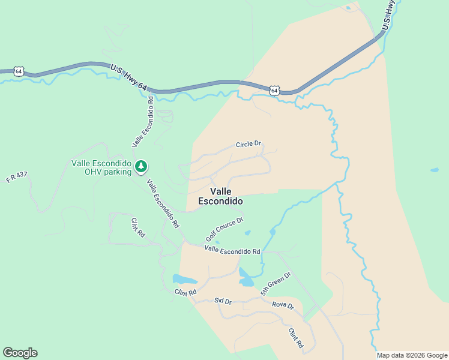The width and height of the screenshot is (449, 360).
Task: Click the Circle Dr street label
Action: (249, 144)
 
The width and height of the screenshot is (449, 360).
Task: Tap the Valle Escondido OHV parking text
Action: (100, 167)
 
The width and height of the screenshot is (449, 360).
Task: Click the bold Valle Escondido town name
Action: (220, 196)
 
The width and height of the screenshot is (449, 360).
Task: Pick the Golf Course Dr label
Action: (224, 229)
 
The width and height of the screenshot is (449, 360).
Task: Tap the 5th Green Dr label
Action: (276, 284)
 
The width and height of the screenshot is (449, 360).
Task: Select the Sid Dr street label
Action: (223, 301)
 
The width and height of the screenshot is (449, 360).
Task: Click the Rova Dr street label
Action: (283, 305)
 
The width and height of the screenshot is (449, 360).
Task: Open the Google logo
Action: (20, 353)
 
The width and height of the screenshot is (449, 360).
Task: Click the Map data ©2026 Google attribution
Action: (412, 355)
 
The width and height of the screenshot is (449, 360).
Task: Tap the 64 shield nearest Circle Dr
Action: (274, 90)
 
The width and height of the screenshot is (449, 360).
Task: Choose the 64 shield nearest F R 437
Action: (20, 71)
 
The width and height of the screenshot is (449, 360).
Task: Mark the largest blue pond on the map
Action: (185, 280)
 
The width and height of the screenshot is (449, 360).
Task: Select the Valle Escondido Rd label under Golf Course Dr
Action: (232, 250)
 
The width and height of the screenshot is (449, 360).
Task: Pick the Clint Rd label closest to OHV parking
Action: (138, 227)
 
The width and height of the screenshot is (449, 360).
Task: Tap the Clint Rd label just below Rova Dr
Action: (295, 339)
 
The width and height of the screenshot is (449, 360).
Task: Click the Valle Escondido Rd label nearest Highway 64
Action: (143, 121)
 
